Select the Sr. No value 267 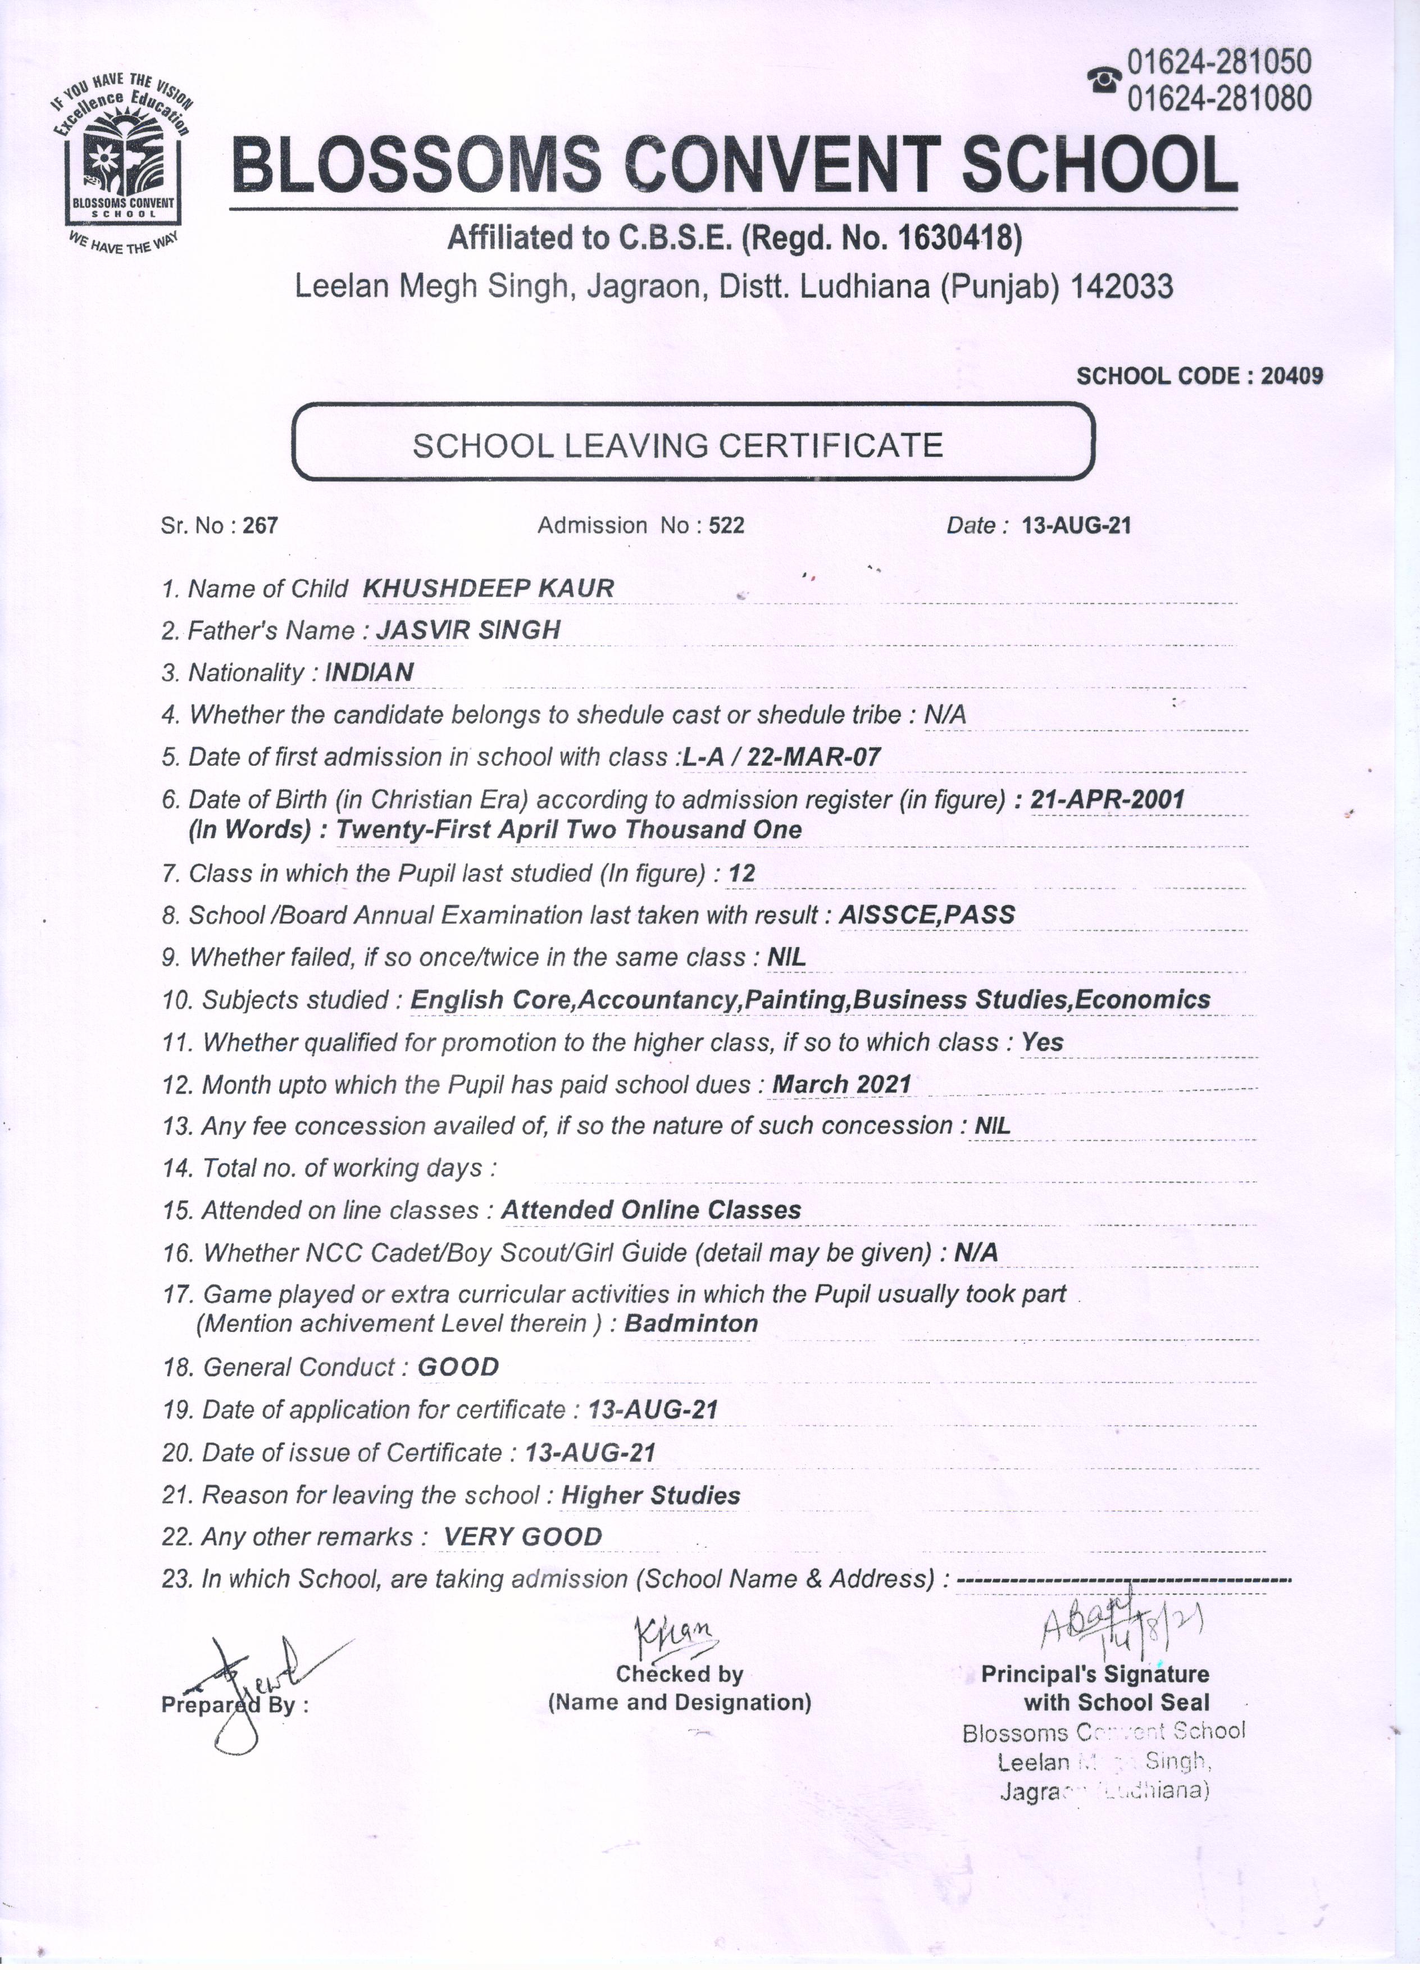261,526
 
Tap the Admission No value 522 726,526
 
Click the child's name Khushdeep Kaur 488,588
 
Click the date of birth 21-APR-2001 1107,799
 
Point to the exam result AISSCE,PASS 927,915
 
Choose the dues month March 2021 841,1084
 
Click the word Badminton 691,1324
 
